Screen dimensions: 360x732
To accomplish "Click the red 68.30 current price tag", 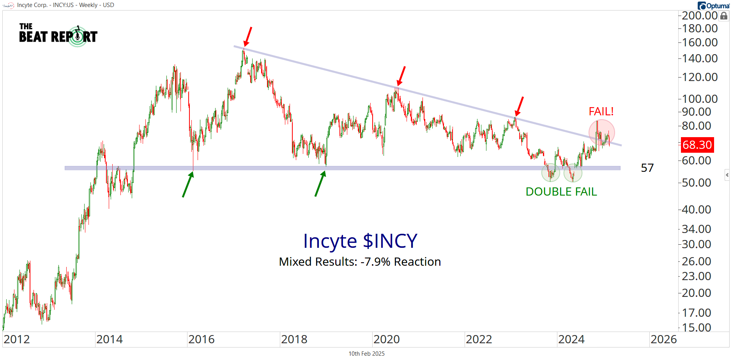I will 697,145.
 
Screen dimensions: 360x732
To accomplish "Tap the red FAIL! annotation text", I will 601,111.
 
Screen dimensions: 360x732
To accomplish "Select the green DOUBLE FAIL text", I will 561,192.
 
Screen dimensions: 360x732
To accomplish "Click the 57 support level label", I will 647,168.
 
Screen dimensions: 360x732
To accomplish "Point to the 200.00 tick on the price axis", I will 700,16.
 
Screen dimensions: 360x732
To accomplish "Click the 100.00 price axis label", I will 700,99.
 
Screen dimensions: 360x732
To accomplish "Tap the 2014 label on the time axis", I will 110,339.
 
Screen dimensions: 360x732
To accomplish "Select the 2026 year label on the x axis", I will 663,339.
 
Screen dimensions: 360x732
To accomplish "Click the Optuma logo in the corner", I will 714,5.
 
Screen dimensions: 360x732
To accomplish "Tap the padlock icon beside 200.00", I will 724,16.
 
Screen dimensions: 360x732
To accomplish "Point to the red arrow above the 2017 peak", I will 248,37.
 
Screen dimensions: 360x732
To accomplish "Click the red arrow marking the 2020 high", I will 401,76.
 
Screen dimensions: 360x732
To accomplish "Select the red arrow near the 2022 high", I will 519,107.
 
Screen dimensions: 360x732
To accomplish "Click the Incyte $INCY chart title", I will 360,241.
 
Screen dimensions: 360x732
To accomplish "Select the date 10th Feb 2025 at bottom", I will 366,353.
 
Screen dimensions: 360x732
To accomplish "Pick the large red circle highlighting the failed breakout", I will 601,133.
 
